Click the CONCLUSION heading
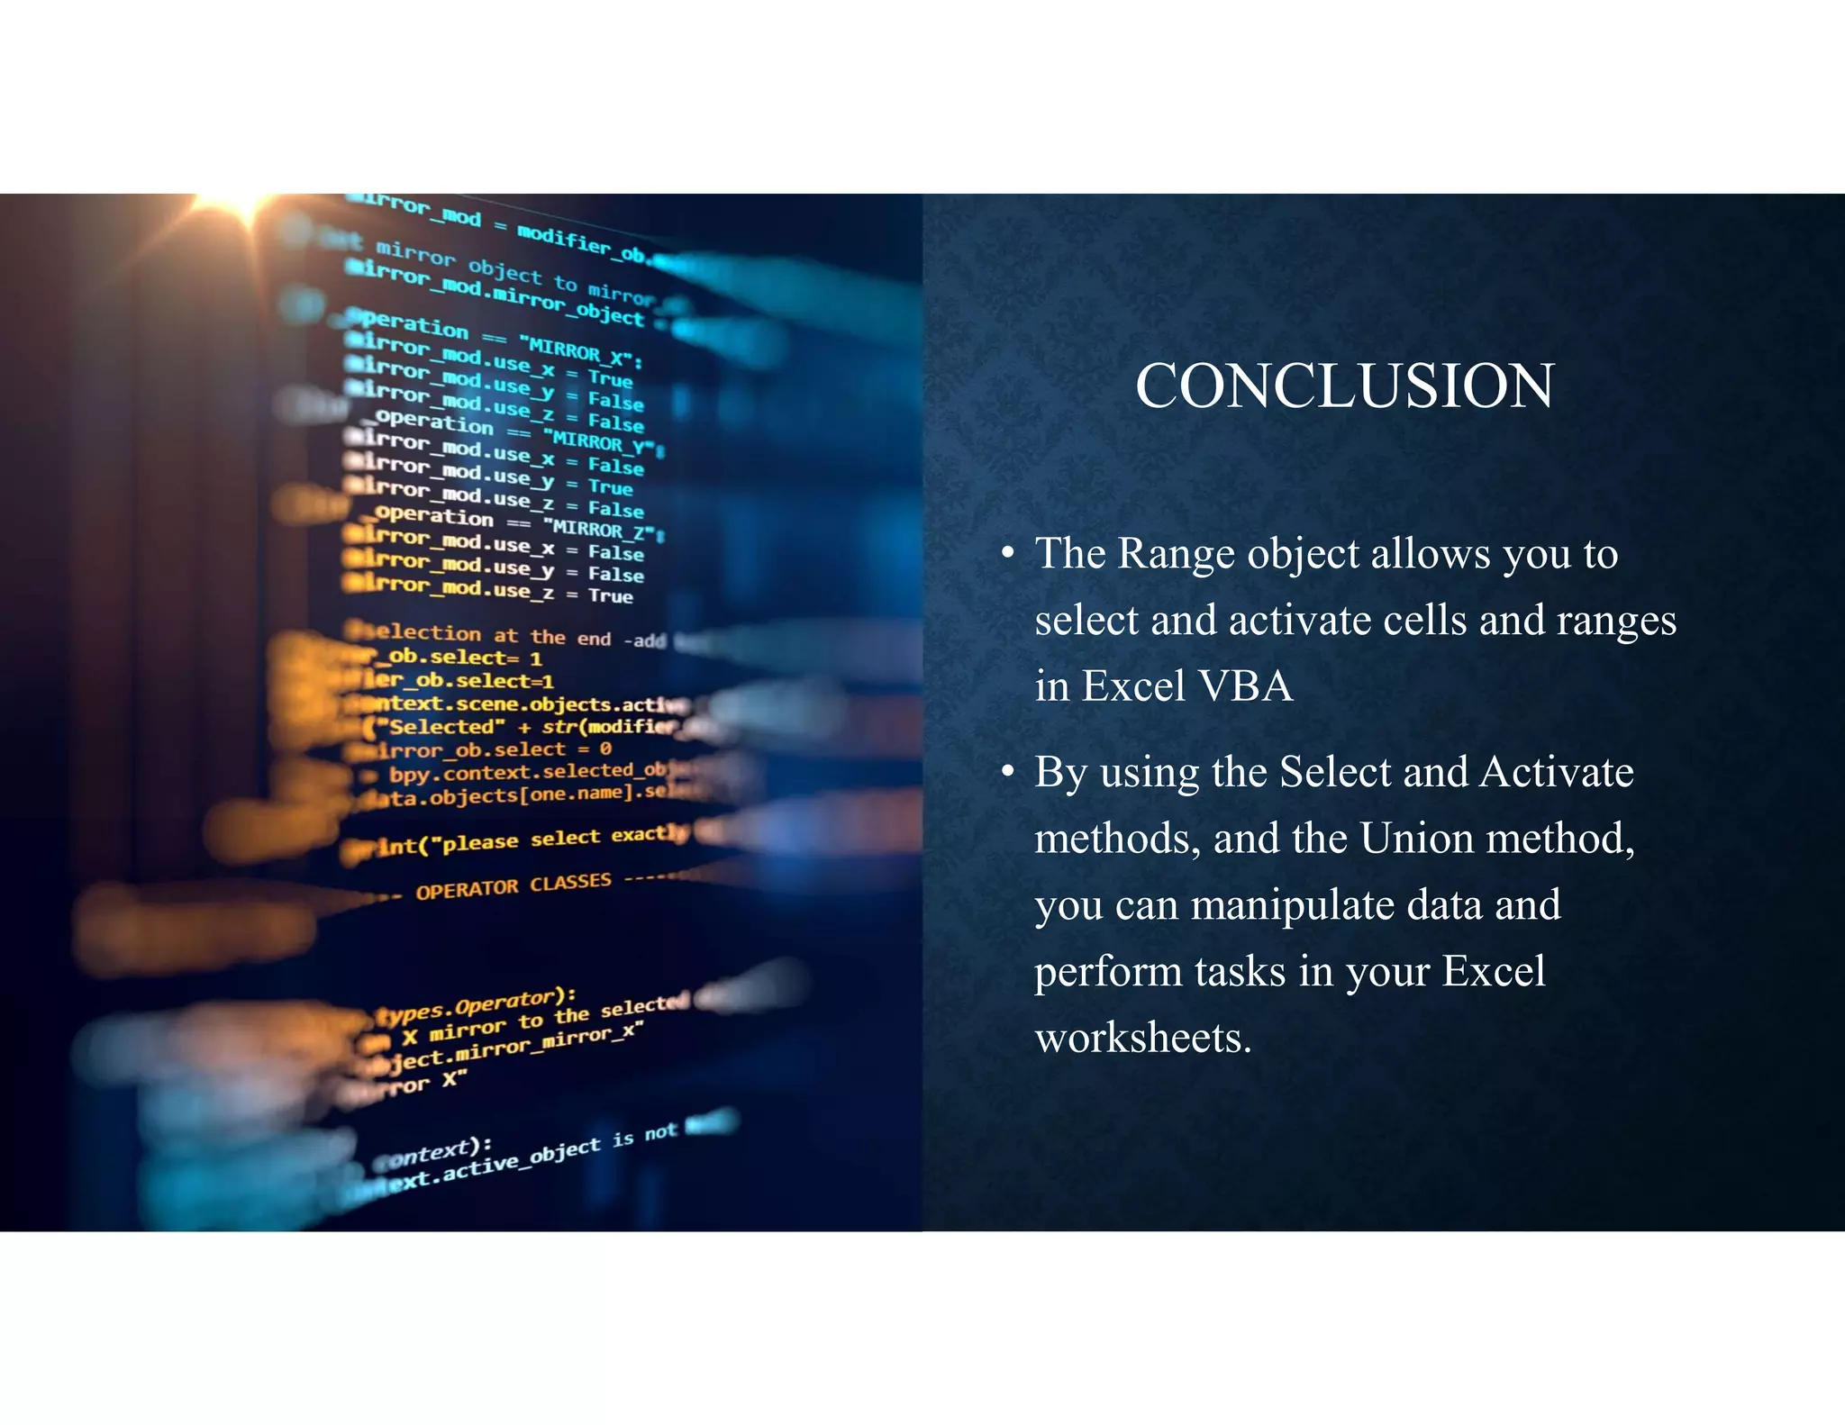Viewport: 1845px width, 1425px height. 1344,386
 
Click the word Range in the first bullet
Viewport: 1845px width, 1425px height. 1175,553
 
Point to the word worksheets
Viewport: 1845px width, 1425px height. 1142,1038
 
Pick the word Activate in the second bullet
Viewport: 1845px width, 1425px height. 1556,772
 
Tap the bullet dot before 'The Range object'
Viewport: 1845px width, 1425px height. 1008,553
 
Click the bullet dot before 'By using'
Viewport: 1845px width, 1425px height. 1008,772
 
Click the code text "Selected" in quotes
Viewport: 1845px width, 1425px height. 441,727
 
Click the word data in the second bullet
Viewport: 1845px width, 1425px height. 1443,905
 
